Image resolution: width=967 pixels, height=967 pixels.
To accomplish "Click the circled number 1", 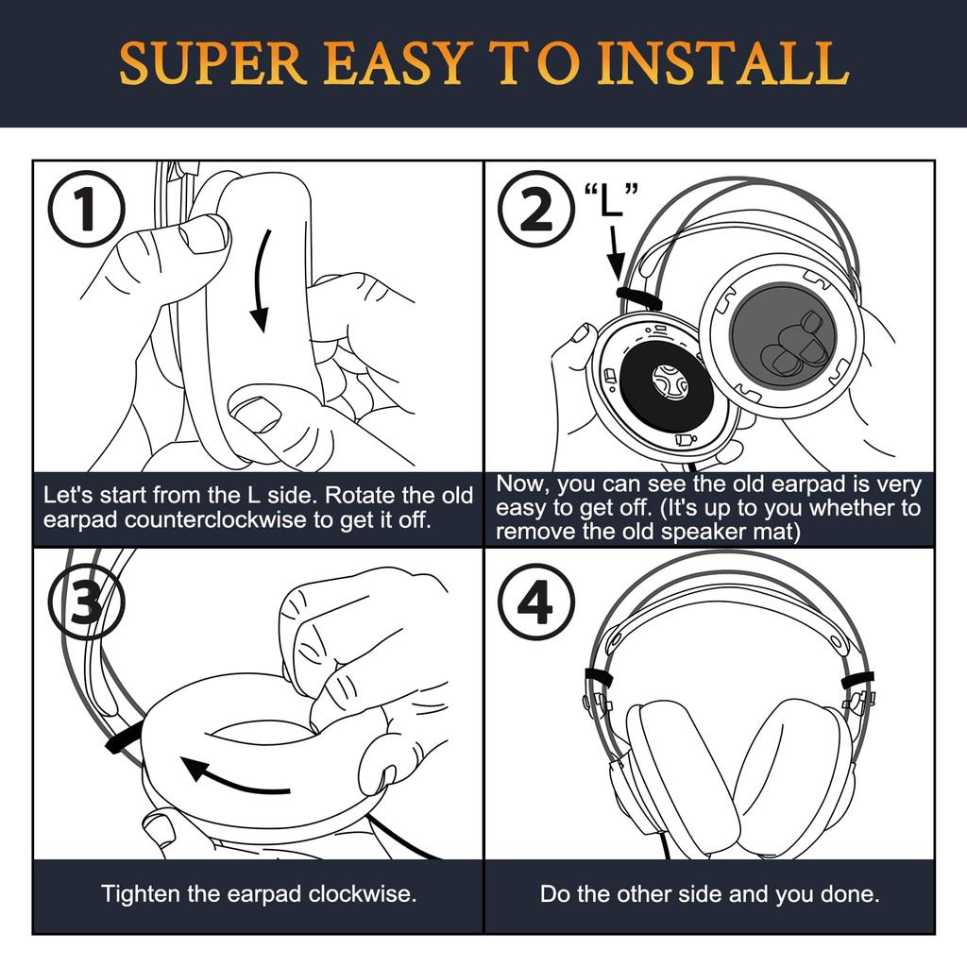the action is tap(87, 209).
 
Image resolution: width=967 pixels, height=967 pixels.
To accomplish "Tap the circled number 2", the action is tap(536, 209).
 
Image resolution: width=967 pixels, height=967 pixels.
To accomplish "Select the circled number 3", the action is tap(87, 602).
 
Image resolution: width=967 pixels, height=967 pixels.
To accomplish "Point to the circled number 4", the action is tap(536, 602).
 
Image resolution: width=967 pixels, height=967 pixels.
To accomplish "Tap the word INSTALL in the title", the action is tap(722, 63).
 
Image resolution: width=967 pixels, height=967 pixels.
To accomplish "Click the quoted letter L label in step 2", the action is tap(611, 198).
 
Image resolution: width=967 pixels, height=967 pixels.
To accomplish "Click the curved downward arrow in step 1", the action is tap(263, 280).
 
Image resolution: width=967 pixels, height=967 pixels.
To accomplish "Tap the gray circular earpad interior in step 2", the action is tap(783, 337).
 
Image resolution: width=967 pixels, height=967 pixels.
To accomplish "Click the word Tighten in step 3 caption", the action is tap(141, 893).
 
